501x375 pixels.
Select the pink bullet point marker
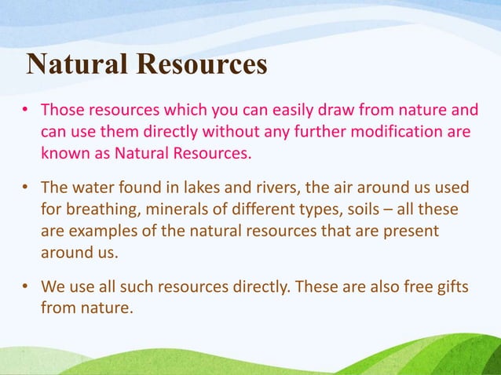point(25,109)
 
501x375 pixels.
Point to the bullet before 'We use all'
point(25,288)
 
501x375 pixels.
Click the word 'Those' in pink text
point(62,108)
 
